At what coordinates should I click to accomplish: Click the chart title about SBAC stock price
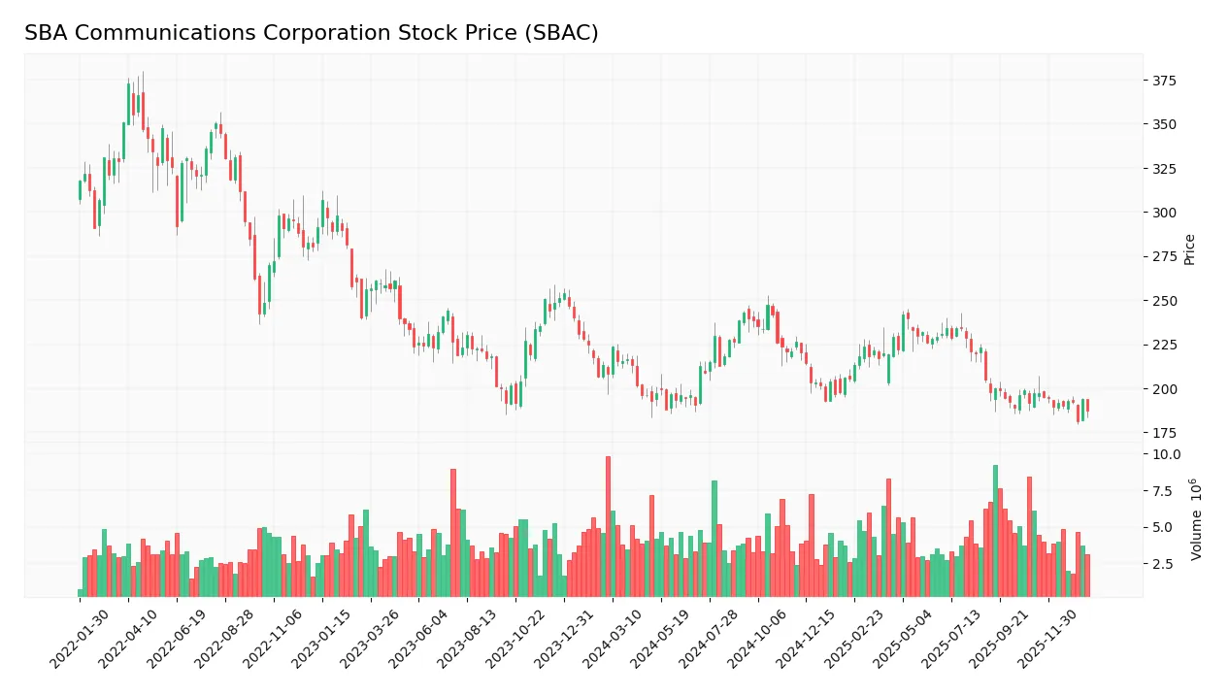click(311, 33)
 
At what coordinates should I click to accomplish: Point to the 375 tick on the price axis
click(1164, 81)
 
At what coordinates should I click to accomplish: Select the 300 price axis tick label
click(1164, 213)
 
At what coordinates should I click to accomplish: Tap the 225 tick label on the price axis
click(1164, 345)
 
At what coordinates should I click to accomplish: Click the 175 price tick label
click(1164, 433)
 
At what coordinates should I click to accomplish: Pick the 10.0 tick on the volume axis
click(1166, 454)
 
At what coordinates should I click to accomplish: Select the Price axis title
click(1189, 249)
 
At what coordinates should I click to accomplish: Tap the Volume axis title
click(1196, 518)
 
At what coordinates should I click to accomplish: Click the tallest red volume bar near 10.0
click(608, 526)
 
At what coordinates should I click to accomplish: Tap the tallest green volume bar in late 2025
click(995, 531)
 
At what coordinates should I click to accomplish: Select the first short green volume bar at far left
click(81, 593)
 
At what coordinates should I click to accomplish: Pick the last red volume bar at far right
click(1087, 576)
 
